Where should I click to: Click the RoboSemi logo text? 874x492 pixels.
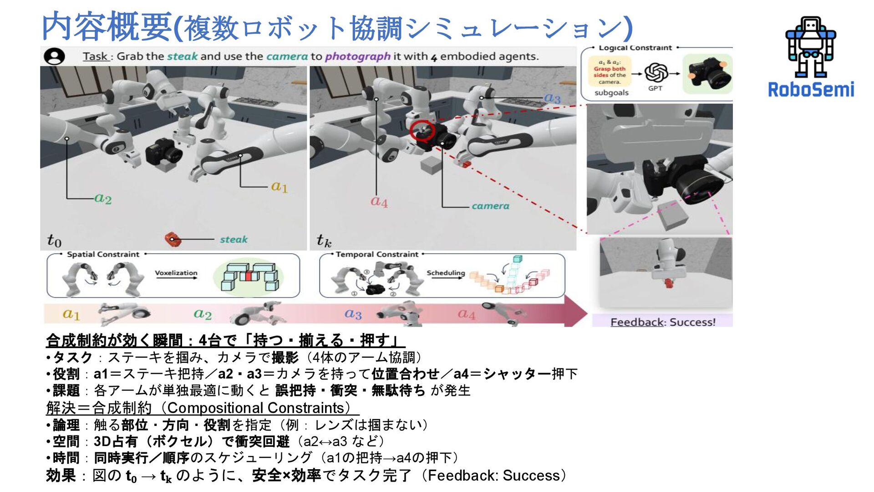(811, 89)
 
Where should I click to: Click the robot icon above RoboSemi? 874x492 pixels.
(810, 47)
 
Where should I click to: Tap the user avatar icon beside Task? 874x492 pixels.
(55, 56)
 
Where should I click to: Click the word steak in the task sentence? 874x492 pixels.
(182, 56)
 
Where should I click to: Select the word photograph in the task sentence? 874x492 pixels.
(357, 56)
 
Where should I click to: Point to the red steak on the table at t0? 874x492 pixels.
(173, 239)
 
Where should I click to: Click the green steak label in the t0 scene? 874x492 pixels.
(234, 239)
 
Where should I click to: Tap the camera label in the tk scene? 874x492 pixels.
(490, 206)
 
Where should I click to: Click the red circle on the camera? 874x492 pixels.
(422, 131)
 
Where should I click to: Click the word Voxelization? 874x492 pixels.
(176, 273)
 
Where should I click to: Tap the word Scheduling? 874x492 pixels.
(446, 272)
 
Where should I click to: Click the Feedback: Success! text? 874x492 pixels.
(663, 322)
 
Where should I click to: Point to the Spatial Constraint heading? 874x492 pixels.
(103, 254)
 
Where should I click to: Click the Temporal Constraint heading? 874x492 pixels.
(377, 254)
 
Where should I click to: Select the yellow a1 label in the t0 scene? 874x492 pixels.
(279, 186)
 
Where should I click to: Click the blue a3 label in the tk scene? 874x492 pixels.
(552, 98)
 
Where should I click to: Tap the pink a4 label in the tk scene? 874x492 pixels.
(379, 201)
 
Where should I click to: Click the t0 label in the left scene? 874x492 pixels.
(54, 240)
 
